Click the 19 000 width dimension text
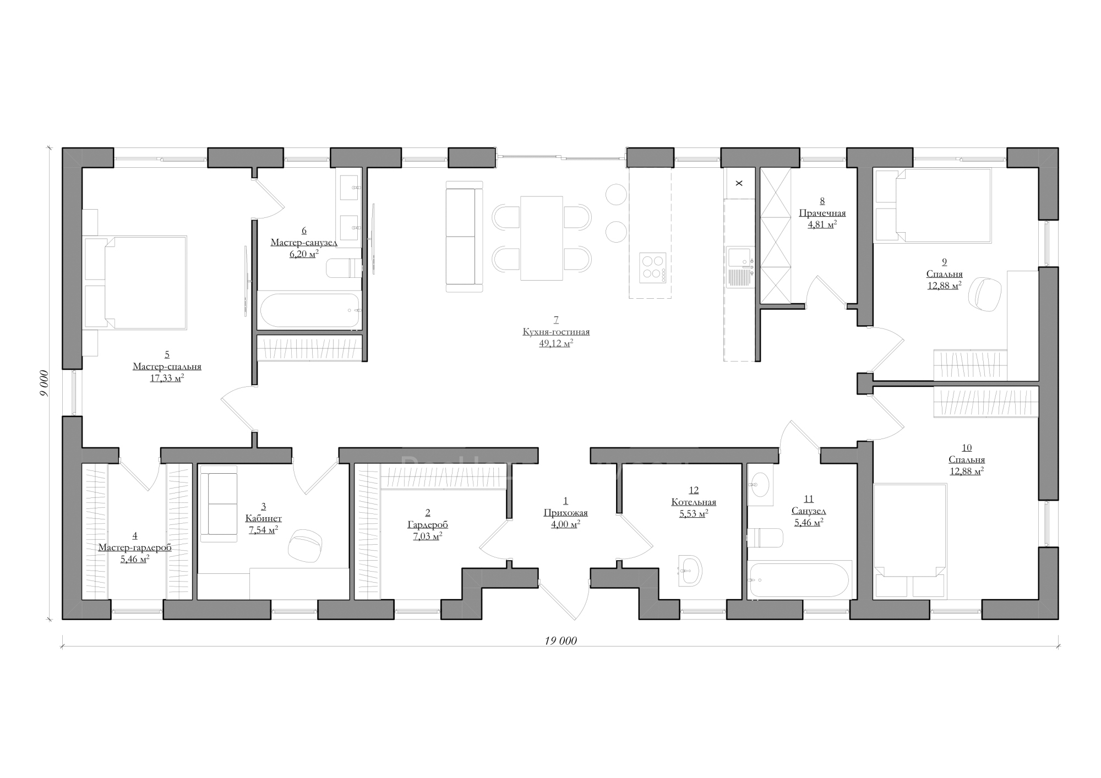561,640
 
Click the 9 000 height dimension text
45,383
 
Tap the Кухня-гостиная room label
556,332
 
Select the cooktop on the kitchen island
652,268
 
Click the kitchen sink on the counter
739,267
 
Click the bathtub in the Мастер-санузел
310,311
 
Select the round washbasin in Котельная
690,571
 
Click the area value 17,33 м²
167,379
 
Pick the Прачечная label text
822,213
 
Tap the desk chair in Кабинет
304,545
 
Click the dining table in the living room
542,238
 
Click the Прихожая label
565,513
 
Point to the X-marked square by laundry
739,183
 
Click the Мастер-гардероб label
135,548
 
